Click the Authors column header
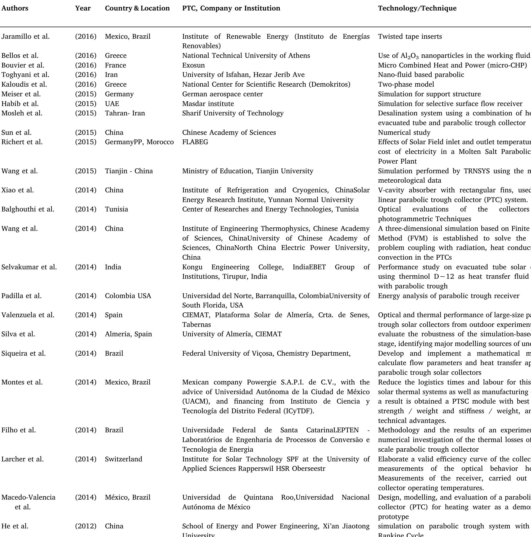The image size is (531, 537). pos(15,8)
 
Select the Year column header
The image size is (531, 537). pos(83,8)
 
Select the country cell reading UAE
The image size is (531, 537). pos(112,104)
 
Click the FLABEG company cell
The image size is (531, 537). pos(195,142)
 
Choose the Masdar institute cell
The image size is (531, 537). pos(208,104)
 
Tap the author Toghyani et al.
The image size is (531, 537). pos(25,75)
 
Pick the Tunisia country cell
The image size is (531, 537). pos(116,209)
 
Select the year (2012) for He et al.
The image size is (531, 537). pos(86,526)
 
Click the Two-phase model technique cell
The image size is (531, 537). pos(406,84)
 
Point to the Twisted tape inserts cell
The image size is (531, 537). pos(410,37)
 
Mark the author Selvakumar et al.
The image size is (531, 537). pos(29,267)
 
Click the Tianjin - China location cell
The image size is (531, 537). pos(129,171)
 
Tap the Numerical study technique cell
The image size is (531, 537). pos(404,133)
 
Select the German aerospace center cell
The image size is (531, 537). pos(222,94)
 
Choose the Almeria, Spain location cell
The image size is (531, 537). pos(128,334)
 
